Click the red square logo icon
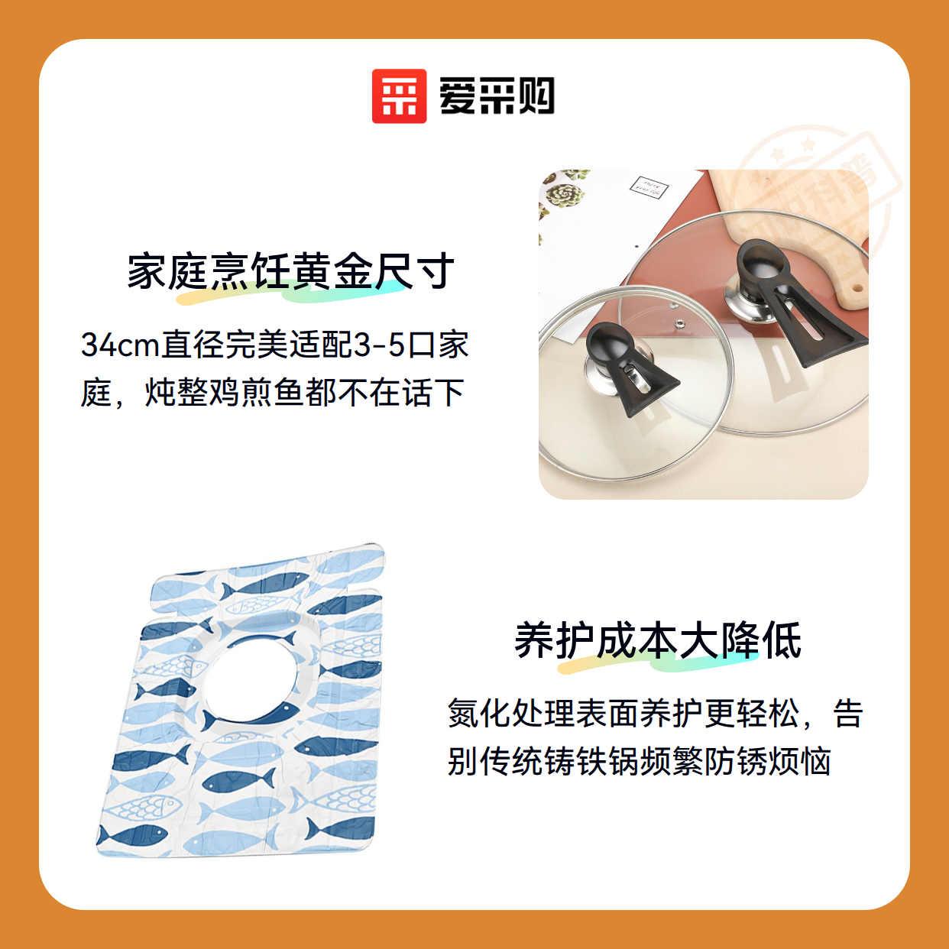(x=399, y=96)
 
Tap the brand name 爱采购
(x=497, y=96)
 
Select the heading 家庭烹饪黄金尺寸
(x=290, y=270)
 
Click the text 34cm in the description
(x=121, y=345)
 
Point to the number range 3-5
(x=380, y=345)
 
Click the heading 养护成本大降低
(x=658, y=640)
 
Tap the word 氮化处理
(x=510, y=713)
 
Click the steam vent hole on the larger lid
(x=680, y=323)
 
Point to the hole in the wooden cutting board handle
(x=857, y=287)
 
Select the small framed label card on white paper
(x=649, y=187)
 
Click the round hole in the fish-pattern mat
(x=251, y=680)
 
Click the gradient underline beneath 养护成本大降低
(x=658, y=663)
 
